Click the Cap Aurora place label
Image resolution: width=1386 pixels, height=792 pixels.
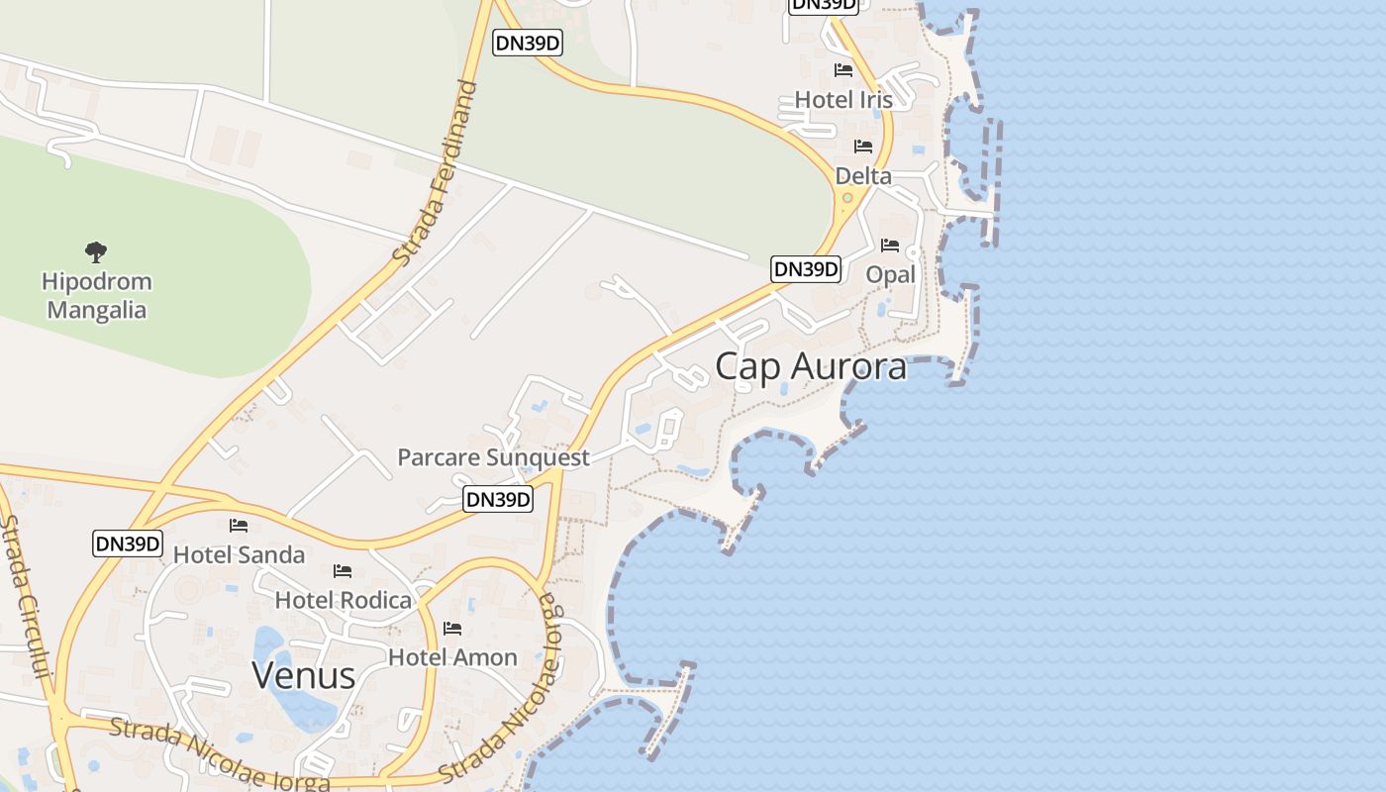coord(811,366)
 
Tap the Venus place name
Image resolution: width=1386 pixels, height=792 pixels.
coord(303,675)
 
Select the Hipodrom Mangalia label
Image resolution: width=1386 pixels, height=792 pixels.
coord(97,295)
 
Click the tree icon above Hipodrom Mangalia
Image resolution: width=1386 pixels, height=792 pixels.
coord(96,252)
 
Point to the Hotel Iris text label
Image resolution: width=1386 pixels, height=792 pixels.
coord(843,100)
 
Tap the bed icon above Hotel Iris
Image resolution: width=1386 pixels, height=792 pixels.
coord(843,70)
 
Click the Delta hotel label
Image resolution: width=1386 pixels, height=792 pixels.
coord(863,176)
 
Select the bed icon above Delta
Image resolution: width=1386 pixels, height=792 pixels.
coord(863,147)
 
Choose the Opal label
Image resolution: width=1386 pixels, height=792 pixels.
coord(890,274)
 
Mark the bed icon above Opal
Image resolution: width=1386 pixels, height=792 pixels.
coord(890,246)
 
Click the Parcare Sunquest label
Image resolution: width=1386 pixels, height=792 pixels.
coord(493,457)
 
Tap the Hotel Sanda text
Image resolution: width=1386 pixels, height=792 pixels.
coord(239,554)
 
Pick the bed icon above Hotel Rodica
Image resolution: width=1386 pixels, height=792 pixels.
coord(343,571)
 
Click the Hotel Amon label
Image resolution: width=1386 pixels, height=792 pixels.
coord(452,657)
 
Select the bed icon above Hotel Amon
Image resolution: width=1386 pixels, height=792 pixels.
coord(452,629)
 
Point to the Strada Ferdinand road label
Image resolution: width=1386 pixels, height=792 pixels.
coord(437,173)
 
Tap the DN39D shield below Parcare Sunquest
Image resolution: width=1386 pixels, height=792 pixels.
coord(498,500)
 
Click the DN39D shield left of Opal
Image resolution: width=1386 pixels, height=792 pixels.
coord(806,269)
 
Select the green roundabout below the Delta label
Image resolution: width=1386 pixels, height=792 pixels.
coord(847,198)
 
